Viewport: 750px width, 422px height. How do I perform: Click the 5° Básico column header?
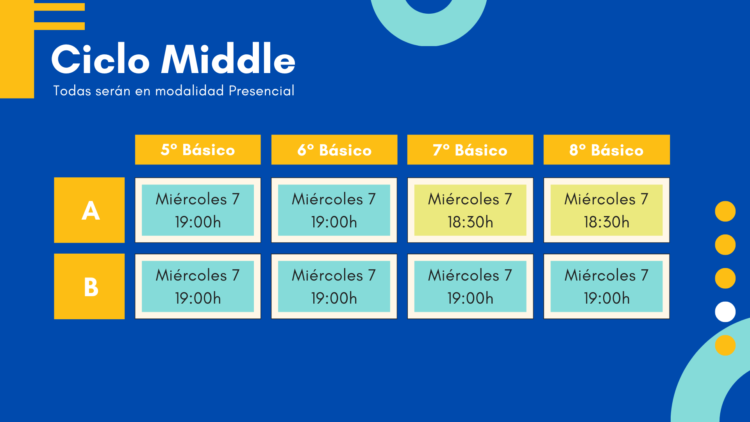198,150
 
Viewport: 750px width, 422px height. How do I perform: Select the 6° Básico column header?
334,150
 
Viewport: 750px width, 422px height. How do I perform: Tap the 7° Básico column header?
470,150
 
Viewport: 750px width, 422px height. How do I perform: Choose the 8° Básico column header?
607,150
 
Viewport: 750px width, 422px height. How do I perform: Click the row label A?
89,210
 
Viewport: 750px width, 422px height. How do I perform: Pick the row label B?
89,286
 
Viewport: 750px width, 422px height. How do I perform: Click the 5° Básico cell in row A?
198,210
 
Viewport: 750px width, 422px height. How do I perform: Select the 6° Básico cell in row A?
334,210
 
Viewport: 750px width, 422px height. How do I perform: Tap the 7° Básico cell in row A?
470,210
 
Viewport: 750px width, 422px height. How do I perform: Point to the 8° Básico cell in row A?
607,210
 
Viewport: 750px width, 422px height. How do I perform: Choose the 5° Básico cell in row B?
198,286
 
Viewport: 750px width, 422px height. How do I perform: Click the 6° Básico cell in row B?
334,286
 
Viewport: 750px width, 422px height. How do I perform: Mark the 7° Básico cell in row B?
470,286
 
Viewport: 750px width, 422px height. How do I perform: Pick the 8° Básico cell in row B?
607,286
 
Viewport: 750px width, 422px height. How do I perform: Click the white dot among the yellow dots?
725,312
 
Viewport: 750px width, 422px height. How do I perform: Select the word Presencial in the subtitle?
261,91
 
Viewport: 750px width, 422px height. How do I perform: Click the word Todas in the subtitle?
72,91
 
